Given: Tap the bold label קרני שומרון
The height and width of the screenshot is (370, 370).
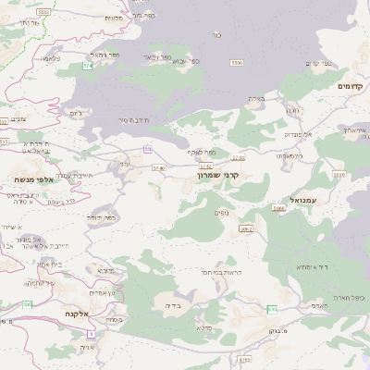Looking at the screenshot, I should click(x=219, y=174).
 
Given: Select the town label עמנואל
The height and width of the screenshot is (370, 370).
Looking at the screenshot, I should click(x=302, y=200).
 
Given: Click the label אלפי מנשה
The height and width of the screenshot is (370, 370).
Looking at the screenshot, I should click(x=31, y=179).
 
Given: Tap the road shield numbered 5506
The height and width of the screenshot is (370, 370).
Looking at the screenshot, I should click(x=237, y=62).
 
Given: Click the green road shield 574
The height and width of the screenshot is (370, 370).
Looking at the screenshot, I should click(x=87, y=67).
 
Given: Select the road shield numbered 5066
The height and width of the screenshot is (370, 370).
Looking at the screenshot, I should click(x=278, y=209).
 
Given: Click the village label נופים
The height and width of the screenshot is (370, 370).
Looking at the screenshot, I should click(x=221, y=213).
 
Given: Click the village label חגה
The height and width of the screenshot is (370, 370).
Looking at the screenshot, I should click(x=293, y=110).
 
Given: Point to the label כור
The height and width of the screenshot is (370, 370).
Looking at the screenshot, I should click(x=216, y=34).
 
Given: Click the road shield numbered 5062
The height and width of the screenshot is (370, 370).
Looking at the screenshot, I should click(x=245, y=228).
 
